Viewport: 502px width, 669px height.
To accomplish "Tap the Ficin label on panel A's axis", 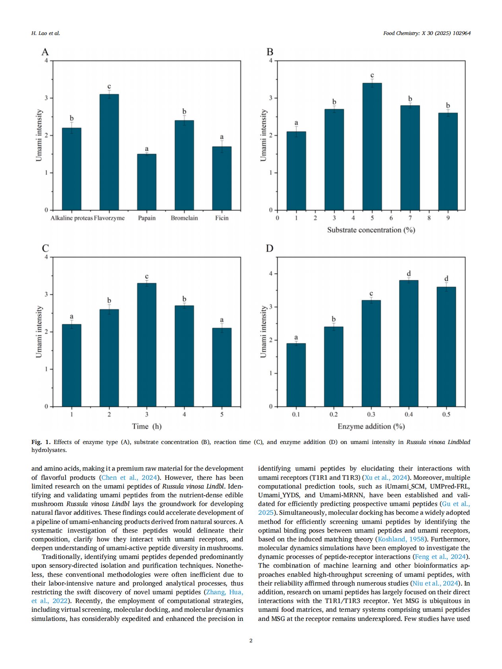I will click(x=222, y=218).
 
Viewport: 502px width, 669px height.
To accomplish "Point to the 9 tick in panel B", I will click(x=448, y=218).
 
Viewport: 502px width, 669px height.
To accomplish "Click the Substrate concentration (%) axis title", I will click(x=371, y=230).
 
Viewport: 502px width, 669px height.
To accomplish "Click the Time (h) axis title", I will click(x=147, y=426).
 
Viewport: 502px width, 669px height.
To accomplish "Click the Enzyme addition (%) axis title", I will click(x=371, y=426).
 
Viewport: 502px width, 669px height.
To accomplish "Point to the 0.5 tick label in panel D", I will click(x=446, y=414).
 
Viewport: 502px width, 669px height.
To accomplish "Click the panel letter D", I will click(x=270, y=248).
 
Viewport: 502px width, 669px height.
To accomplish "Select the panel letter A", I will click(x=45, y=52).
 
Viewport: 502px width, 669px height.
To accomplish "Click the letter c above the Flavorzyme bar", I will click(x=109, y=86).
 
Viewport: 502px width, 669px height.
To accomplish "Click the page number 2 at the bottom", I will click(x=251, y=640).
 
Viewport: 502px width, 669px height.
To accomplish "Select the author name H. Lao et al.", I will click(x=46, y=33).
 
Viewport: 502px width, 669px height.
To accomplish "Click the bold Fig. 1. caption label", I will click(x=41, y=442).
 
